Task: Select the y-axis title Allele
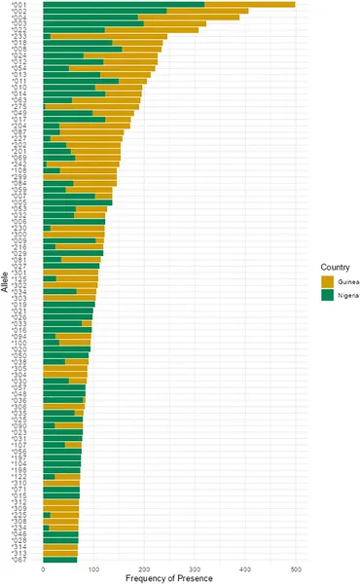pyautogui.click(x=6, y=283)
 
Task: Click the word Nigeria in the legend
pyautogui.click(x=346, y=296)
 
